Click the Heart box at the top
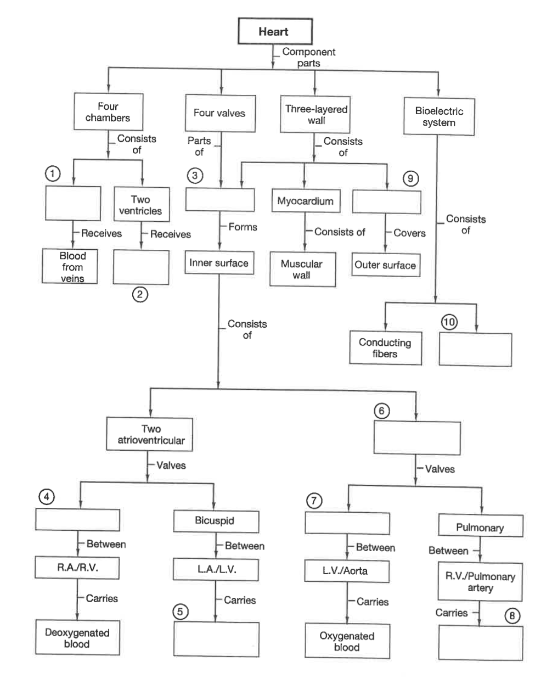tap(275, 31)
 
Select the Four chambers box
tap(109, 112)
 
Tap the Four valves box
tap(220, 113)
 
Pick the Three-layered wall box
tap(315, 114)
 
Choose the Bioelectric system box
tap(439, 116)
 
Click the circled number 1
tap(53, 173)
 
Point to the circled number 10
tap(449, 322)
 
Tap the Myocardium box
tap(306, 201)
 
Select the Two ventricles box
tap(142, 205)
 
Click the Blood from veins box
tap(70, 266)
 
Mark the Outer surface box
tap(386, 265)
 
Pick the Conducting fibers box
tap(385, 348)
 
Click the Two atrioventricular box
tap(150, 434)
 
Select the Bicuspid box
tap(216, 521)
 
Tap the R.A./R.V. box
tap(77, 568)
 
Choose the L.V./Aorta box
tap(347, 571)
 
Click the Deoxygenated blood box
tap(78, 637)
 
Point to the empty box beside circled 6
tap(417, 438)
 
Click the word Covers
tap(409, 233)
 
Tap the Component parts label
tap(309, 57)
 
